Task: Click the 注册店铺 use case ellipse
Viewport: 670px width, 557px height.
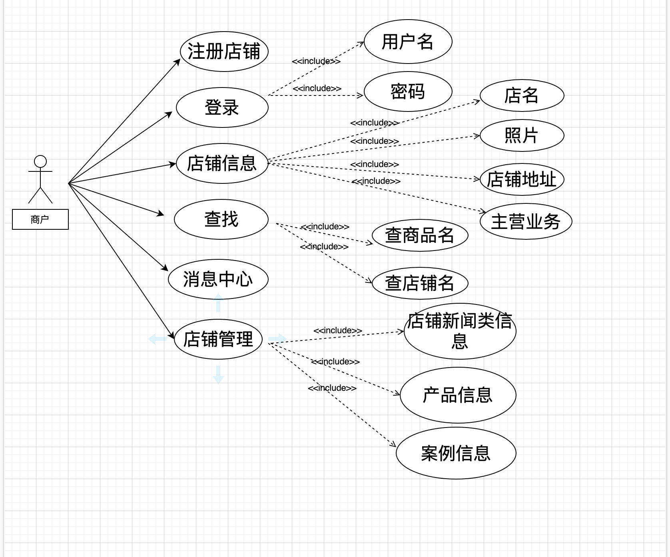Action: (x=224, y=52)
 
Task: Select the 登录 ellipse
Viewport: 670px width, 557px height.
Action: (x=222, y=107)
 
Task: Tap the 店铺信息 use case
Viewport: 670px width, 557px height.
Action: (x=222, y=163)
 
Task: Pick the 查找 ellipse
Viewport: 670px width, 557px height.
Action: (x=221, y=219)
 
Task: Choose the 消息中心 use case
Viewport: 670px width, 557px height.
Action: (x=218, y=279)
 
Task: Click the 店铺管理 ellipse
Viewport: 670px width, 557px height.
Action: (x=218, y=339)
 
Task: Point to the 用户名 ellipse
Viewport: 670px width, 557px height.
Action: (x=408, y=42)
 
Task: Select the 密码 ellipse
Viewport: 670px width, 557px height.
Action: (x=408, y=92)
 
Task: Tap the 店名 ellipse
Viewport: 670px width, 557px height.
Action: (x=522, y=95)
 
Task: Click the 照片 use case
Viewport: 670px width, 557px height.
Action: (x=522, y=135)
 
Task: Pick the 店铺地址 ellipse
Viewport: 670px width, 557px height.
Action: (x=522, y=179)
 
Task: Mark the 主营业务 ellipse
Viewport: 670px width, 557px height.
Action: (x=526, y=221)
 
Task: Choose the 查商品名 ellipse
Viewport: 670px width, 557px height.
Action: (x=420, y=235)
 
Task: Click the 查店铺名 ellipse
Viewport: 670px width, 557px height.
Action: (x=420, y=283)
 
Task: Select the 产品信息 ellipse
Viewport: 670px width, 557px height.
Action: (x=458, y=395)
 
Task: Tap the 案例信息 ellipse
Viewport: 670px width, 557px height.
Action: (x=456, y=453)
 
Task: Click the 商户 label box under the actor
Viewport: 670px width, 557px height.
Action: (x=40, y=219)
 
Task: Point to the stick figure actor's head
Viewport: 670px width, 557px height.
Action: (x=40, y=161)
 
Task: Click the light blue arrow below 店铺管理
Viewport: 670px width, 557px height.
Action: (x=218, y=374)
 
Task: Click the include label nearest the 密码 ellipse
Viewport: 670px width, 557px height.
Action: (x=317, y=88)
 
